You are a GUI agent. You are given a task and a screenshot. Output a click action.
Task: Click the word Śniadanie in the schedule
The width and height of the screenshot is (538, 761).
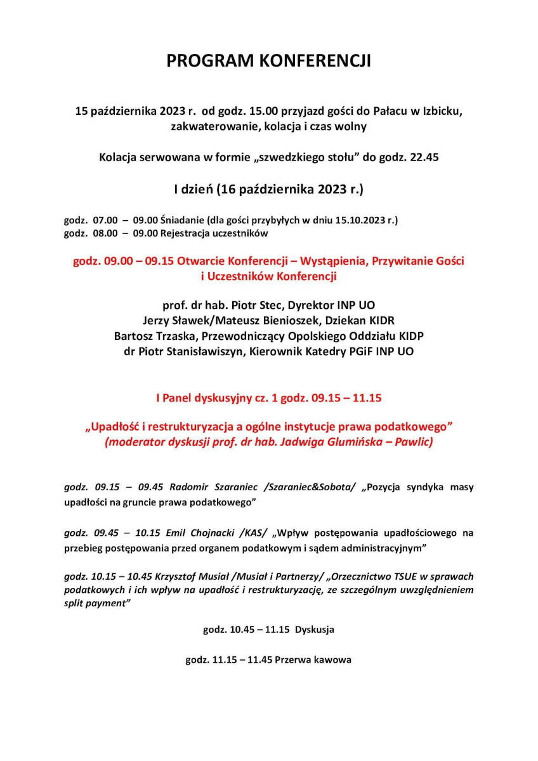pos(181,221)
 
